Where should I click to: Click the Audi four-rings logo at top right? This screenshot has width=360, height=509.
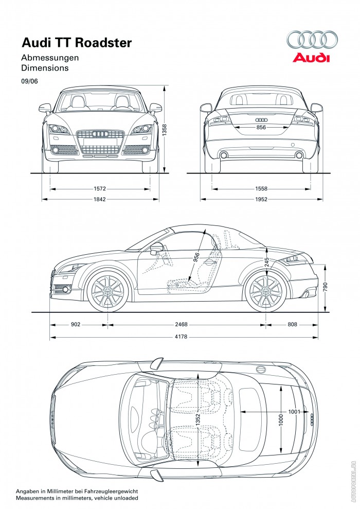point(312,40)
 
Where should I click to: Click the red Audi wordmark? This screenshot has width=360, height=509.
point(311,58)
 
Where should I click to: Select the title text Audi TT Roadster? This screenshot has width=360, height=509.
point(76,43)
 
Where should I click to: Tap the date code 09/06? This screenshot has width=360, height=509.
point(29,81)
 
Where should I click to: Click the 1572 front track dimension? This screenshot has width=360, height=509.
point(101,188)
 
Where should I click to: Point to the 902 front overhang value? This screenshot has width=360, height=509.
point(75,325)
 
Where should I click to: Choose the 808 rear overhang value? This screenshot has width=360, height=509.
point(292,325)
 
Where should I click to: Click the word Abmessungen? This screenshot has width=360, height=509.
point(50,58)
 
